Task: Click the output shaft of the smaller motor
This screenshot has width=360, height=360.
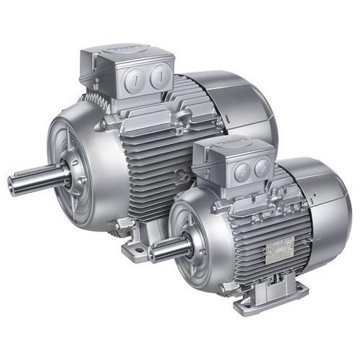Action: point(168,245)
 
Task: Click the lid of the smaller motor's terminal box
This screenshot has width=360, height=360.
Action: point(231,144)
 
